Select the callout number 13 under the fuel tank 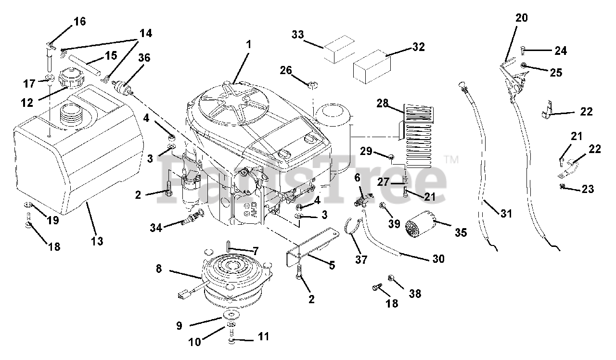tap(97, 240)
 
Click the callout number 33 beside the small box tap(298, 35)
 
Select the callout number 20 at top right tap(521, 18)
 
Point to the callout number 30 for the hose tap(438, 258)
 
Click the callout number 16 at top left tap(79, 22)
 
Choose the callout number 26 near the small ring tap(286, 70)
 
